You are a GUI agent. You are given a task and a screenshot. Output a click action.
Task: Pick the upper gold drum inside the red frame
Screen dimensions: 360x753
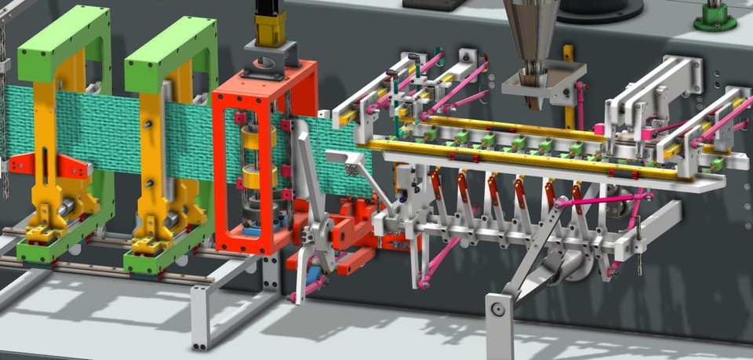259,138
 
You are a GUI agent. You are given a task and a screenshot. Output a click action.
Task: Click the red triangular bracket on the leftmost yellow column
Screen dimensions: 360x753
75,166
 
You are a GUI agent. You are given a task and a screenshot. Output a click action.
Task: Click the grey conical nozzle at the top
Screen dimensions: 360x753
532,31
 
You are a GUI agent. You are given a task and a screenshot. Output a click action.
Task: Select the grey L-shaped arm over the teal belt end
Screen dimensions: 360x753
349,162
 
